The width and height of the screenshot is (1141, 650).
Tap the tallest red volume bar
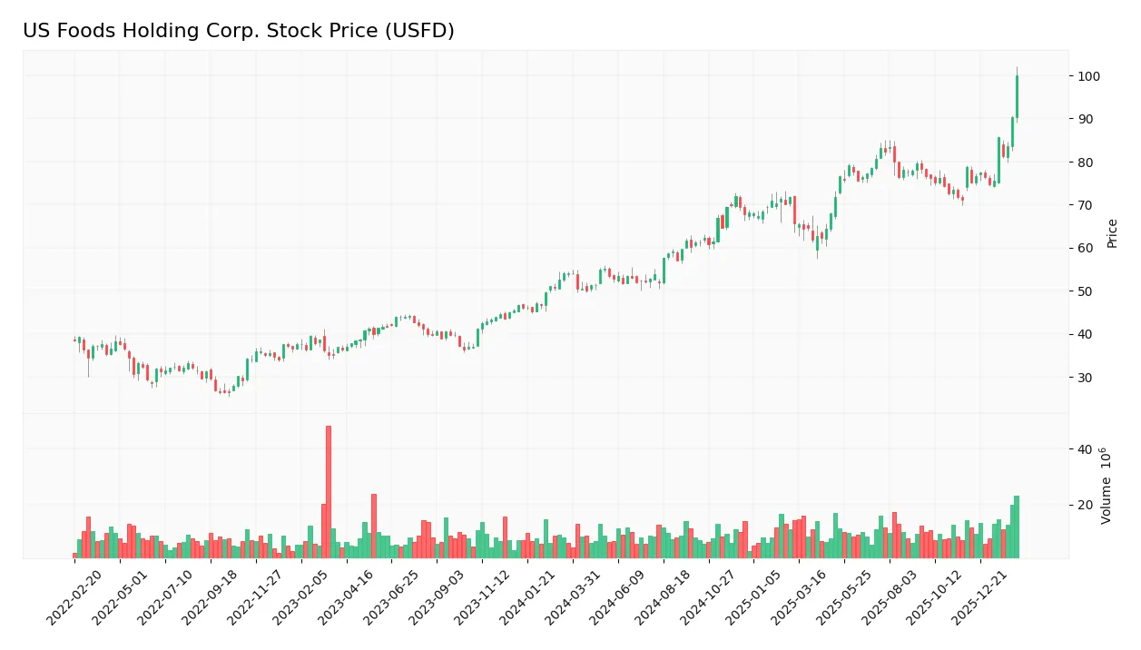pos(329,491)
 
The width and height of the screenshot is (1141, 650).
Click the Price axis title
pos(1113,233)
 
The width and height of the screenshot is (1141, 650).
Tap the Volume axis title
pos(1107,486)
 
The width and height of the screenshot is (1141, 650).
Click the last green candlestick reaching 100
pos(1017,96)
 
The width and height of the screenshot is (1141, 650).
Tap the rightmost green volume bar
pos(1017,527)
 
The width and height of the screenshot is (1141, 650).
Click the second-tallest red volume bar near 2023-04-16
pos(374,526)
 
